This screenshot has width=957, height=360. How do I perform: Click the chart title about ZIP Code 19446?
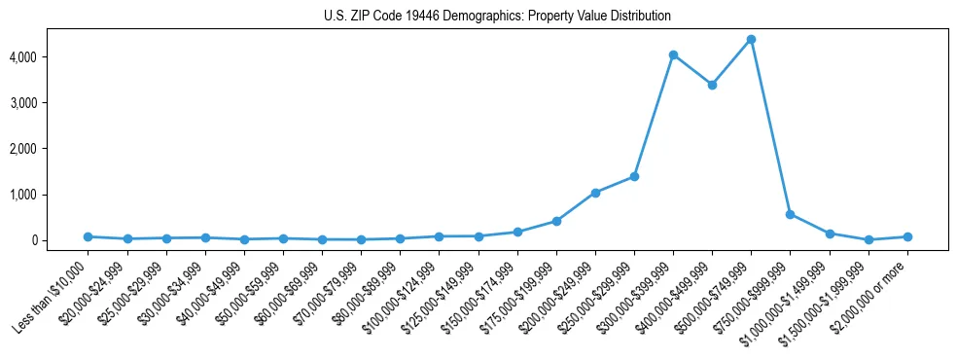[x=497, y=17]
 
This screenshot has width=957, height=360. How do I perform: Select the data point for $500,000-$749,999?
[x=751, y=40]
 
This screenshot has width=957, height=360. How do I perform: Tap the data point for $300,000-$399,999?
[x=673, y=55]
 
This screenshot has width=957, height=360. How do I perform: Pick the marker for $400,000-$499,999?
[x=712, y=85]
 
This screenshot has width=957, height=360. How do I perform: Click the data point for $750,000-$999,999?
[x=790, y=214]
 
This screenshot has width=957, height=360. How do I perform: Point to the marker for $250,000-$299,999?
[x=634, y=176]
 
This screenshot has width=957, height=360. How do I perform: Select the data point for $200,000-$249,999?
[x=595, y=193]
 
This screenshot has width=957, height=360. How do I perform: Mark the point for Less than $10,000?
[x=88, y=236]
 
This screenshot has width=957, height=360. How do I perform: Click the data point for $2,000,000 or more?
[x=907, y=236]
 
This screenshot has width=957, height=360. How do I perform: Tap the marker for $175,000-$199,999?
[x=556, y=221]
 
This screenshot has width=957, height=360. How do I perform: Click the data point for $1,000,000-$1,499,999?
[x=830, y=234]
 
